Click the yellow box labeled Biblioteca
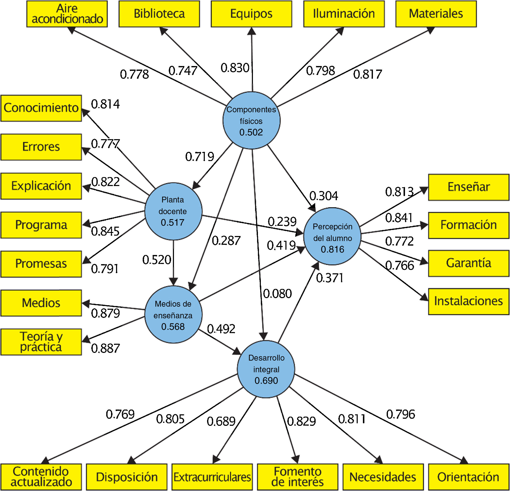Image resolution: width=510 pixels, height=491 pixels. pyautogui.click(x=159, y=14)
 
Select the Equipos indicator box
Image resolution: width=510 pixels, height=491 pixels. pyautogui.click(x=251, y=14)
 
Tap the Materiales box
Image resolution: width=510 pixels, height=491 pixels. pyautogui.click(x=436, y=14)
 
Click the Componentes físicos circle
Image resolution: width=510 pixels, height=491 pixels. pyautogui.click(x=251, y=120)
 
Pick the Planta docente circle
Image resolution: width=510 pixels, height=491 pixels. pyautogui.click(x=173, y=211)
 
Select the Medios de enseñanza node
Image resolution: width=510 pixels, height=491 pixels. pyautogui.click(x=173, y=315)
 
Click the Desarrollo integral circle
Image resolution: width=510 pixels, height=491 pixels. pyautogui.click(x=266, y=369)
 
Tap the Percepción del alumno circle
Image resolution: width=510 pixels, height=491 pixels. pyautogui.click(x=332, y=236)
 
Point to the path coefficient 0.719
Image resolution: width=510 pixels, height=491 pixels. pyautogui.click(x=200, y=157)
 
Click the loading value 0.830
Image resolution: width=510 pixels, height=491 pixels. pyautogui.click(x=235, y=68)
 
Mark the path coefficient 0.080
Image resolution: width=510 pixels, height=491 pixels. pyautogui.click(x=277, y=294)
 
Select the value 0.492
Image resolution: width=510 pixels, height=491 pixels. pyautogui.click(x=221, y=329)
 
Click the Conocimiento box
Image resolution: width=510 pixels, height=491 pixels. pyautogui.click(x=41, y=108)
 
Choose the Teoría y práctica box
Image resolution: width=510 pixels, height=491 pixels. pyautogui.click(x=41, y=342)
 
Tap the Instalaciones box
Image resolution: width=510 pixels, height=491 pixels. pyautogui.click(x=468, y=301)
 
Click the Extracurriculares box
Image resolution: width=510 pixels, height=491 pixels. pyautogui.click(x=212, y=477)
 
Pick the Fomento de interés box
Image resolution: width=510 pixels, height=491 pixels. pyautogui.click(x=297, y=477)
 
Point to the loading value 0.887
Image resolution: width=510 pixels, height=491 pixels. pyautogui.click(x=105, y=349)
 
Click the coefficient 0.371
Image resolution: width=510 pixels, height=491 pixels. pyautogui.click(x=330, y=278)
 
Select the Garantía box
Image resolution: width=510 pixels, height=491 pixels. pyautogui.click(x=468, y=263)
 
